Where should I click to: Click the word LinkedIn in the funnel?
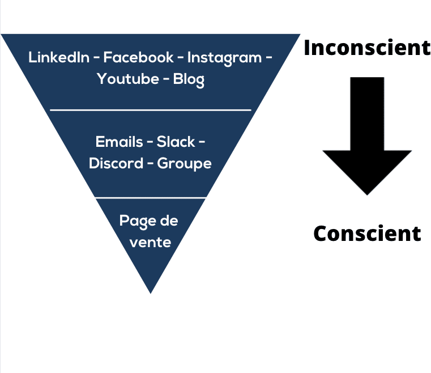59,57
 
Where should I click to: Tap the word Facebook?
138,57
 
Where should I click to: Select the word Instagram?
225,58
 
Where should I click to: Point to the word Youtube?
128,79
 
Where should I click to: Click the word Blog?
189,80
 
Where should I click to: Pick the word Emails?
119,142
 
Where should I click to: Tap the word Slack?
176,142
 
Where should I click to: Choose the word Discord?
116,163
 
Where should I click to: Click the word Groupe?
184,164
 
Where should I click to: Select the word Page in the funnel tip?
137,222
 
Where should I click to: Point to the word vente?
150,243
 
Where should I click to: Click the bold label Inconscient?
367,48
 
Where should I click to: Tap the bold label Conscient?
367,234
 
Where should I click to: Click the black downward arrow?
367,136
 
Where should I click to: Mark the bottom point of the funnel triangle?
151,294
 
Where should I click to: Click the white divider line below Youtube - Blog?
151,110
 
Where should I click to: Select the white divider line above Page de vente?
151,197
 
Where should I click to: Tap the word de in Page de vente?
169,221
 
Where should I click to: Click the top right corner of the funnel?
300,34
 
